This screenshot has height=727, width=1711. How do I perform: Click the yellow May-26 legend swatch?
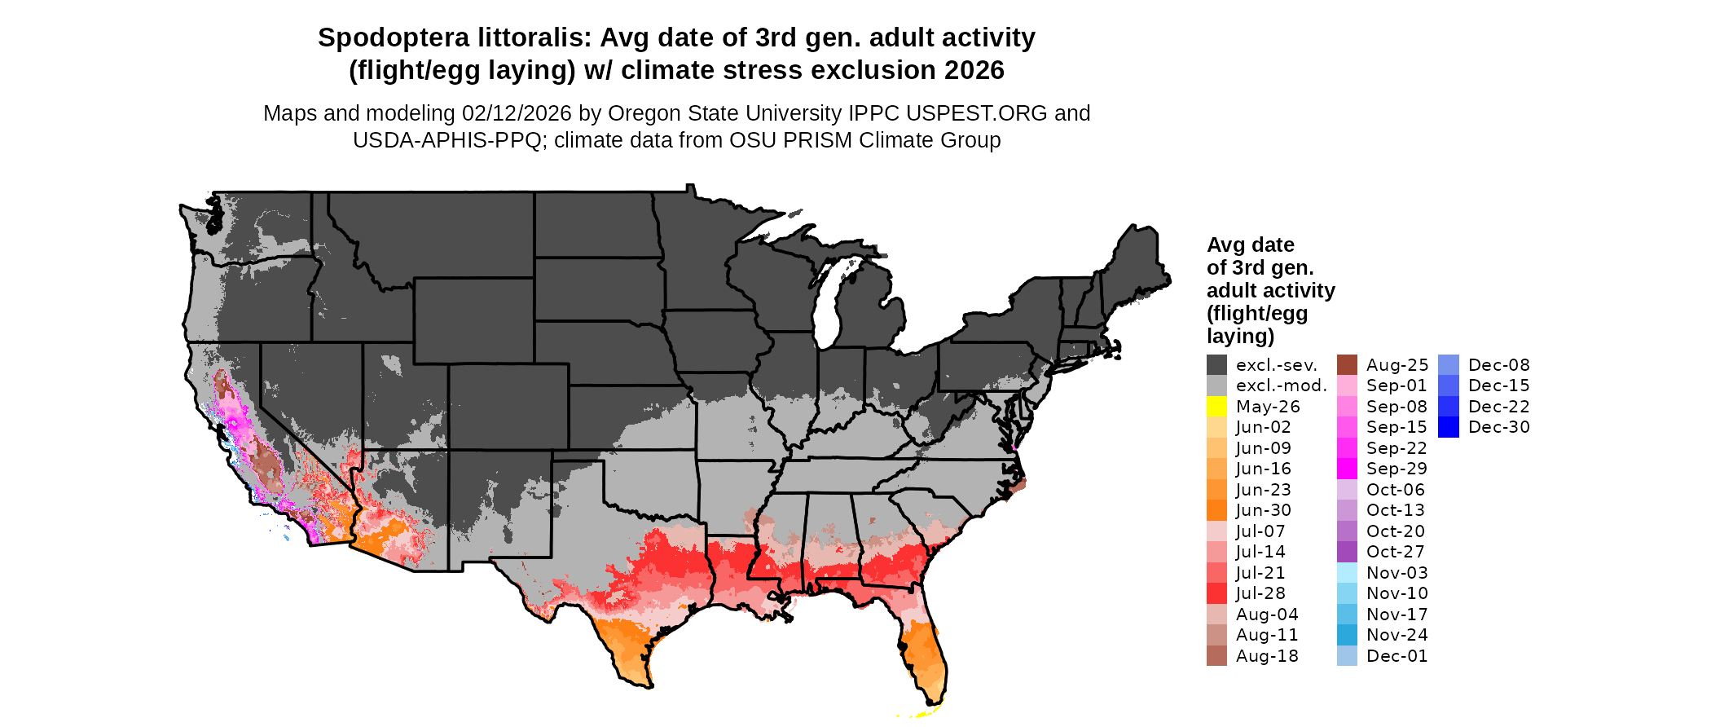tap(1216, 407)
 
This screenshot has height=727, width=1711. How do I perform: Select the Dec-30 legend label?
tap(1498, 427)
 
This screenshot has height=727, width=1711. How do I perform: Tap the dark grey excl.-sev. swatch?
tap(1216, 365)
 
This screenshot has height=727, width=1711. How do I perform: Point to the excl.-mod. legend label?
tap(1281, 386)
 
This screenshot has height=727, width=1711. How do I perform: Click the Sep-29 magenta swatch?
tap(1347, 469)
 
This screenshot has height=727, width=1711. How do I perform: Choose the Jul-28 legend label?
tap(1260, 593)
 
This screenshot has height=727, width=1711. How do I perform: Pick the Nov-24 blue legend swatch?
tap(1347, 635)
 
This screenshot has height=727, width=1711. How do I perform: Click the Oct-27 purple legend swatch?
tap(1347, 552)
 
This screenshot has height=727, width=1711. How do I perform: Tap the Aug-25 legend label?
tap(1397, 365)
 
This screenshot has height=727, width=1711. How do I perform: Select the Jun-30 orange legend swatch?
tap(1216, 510)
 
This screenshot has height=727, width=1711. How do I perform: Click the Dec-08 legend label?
tap(1498, 365)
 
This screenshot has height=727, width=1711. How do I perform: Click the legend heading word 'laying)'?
tap(1240, 336)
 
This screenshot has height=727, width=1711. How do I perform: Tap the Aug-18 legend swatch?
tap(1216, 656)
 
